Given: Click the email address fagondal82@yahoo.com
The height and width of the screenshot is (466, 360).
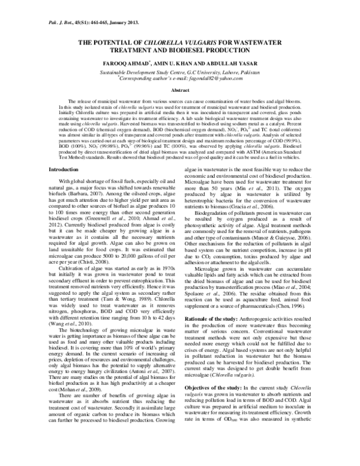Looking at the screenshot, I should click(208, 78).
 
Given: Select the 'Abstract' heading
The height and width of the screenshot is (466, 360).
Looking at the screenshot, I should click(180, 89).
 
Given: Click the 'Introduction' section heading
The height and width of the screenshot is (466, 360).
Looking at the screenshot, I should click(63, 171).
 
